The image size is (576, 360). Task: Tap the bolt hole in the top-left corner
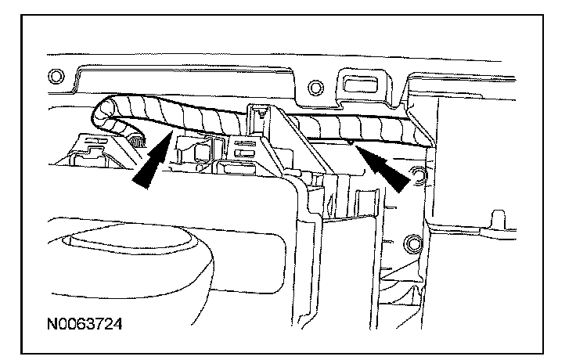[x=55, y=77]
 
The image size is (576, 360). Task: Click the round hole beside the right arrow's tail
[x=416, y=175]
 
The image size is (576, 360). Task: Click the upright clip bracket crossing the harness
[x=266, y=129]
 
